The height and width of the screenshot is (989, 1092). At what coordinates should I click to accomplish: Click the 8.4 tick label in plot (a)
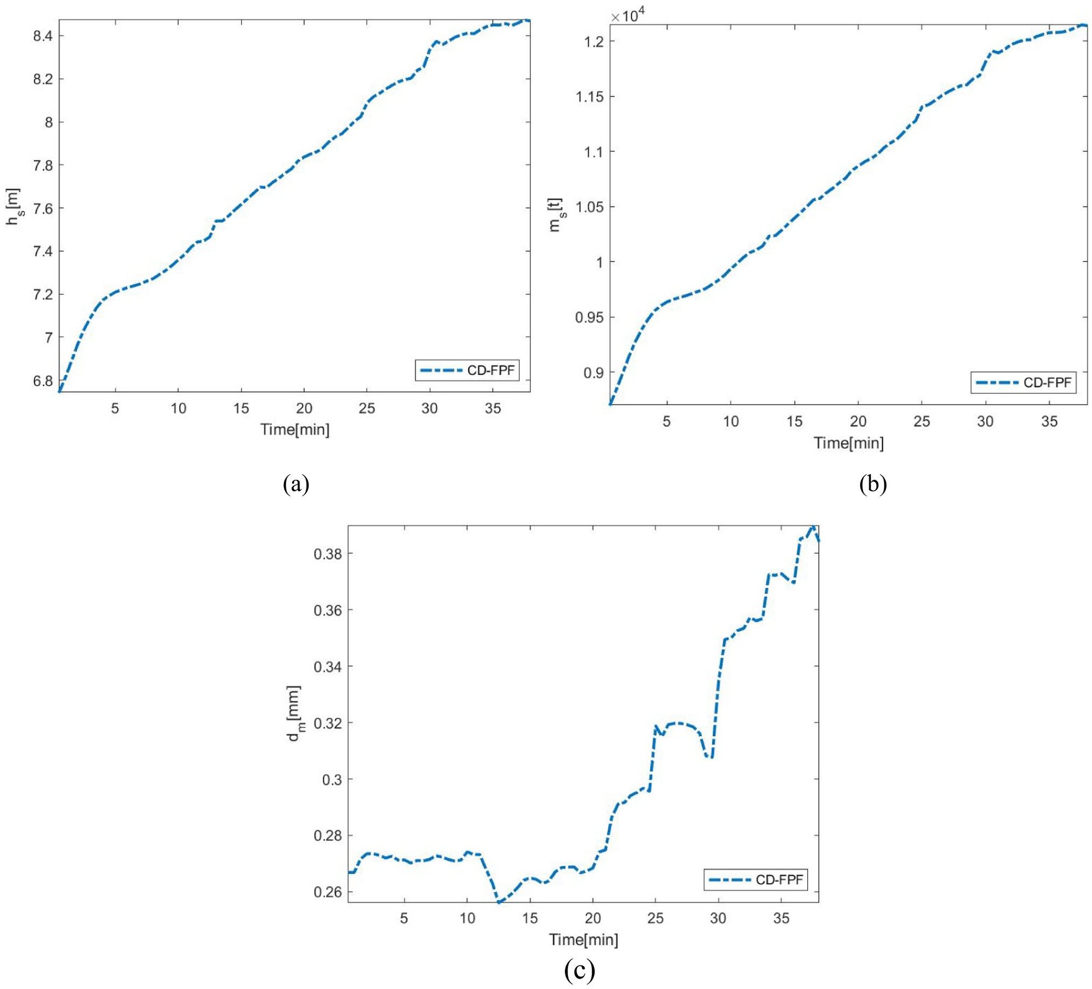[x=43, y=36]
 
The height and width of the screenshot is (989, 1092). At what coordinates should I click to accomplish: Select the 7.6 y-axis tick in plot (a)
[x=43, y=209]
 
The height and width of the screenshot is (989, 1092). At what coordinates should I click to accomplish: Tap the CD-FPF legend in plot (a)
[x=467, y=371]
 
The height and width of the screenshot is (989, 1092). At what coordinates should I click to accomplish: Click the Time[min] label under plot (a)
[x=295, y=430]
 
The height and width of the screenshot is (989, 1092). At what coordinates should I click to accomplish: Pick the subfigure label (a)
[x=296, y=483]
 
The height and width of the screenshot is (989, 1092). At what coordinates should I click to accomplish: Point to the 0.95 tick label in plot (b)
[x=590, y=317]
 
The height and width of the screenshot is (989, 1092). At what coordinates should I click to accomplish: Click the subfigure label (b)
[x=873, y=483]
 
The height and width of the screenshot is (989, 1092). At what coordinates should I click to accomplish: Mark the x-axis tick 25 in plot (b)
[x=922, y=422]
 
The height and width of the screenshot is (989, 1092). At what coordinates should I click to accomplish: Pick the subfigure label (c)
[x=579, y=970]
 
